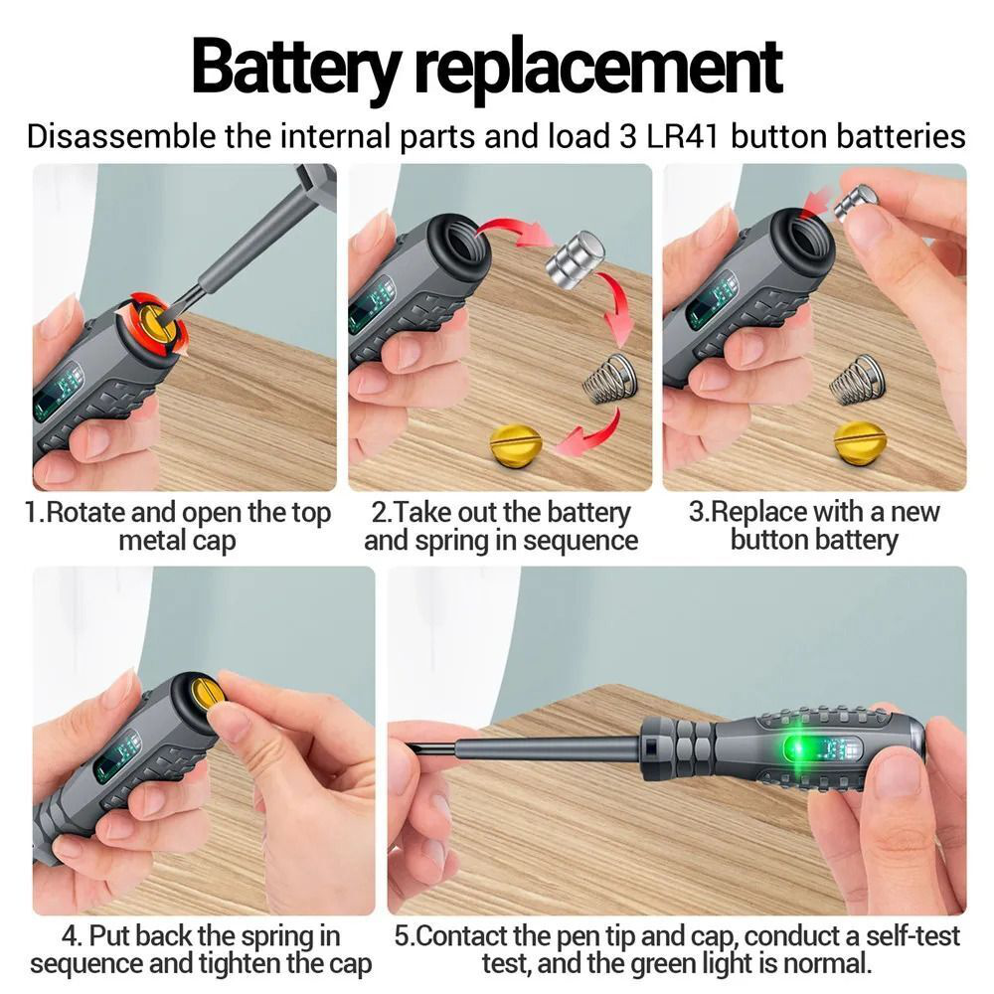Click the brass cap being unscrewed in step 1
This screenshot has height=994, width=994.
pos(157,323)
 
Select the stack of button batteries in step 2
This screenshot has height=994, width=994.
pos(575,259)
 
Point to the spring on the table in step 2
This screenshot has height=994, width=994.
pos(609,378)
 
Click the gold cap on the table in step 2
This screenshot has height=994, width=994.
pos(515,443)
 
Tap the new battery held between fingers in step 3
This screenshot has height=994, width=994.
pos(856,201)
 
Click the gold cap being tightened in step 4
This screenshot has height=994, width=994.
pos(208,696)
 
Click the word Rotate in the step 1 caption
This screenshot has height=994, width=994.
pos(83,512)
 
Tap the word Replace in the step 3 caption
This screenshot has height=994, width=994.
pos(755,512)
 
